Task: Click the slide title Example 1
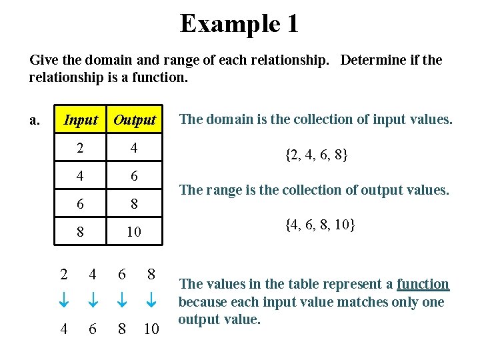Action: (x=239, y=24)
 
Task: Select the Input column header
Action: (x=81, y=120)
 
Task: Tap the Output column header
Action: (x=134, y=120)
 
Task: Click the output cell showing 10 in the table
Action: (x=134, y=232)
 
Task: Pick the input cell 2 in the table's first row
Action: (x=80, y=148)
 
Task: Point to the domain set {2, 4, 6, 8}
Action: (x=317, y=155)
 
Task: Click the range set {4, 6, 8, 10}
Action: (x=320, y=225)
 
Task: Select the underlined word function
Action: (x=423, y=284)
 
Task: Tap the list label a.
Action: (x=35, y=120)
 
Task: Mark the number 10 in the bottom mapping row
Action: (x=151, y=329)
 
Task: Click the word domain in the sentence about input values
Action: (x=225, y=119)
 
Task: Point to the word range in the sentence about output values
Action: (x=221, y=190)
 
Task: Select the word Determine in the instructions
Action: (x=370, y=60)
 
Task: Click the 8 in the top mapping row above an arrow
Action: (x=151, y=274)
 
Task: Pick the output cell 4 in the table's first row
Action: (x=134, y=148)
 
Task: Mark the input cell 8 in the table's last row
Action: (x=80, y=232)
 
